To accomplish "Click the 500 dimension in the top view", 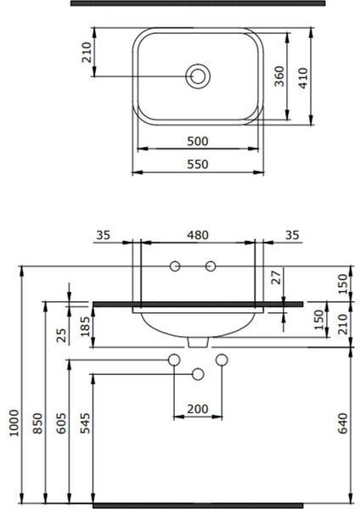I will coord(197,141).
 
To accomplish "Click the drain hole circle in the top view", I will coord(198,76).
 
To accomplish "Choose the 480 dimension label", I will coord(196,235).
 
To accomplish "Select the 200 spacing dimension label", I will coord(197,409).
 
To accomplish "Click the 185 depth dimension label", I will coord(84,324).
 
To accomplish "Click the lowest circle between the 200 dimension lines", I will coord(199,374).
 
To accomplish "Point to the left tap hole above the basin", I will coord(176,268).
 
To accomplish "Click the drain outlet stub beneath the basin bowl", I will coord(199,343).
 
